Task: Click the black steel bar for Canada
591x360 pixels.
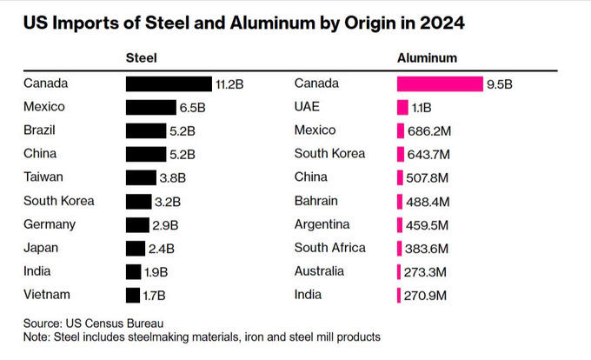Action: (169, 83)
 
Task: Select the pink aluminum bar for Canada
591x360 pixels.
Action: (440, 83)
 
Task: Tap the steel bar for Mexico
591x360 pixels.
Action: (150, 107)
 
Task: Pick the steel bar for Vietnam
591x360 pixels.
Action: (133, 295)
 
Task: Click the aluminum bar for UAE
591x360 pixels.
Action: (402, 107)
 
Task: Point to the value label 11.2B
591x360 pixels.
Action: (229, 84)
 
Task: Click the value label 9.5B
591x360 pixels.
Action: (500, 84)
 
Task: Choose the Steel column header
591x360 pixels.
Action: (141, 58)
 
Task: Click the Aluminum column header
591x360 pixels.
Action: (428, 58)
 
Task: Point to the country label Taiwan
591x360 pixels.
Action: (45, 177)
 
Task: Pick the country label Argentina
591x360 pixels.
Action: (322, 224)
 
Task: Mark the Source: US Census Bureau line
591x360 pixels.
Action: (93, 323)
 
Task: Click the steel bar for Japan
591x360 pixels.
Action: (137, 248)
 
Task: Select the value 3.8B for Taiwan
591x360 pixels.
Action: (174, 178)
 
